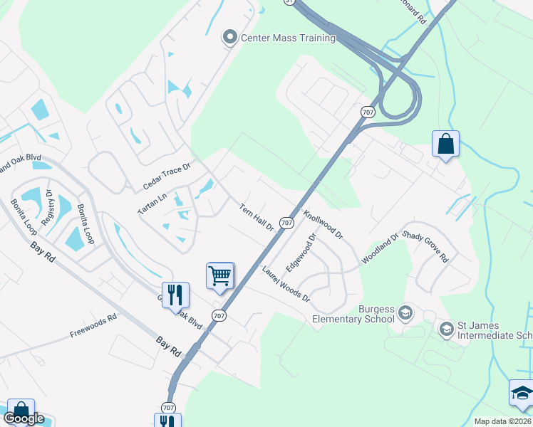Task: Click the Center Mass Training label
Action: tap(289, 38)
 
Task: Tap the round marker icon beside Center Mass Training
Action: tap(229, 37)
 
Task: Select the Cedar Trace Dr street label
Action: tap(167, 176)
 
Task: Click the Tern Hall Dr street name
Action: tap(257, 218)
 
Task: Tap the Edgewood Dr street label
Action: tap(300, 253)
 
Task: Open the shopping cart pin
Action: tap(220, 275)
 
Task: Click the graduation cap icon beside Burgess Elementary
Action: tap(405, 312)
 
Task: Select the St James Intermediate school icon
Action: tap(447, 328)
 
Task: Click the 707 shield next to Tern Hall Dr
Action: tap(286, 223)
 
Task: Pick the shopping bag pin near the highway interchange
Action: tap(445, 144)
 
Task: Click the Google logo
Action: tap(24, 418)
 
